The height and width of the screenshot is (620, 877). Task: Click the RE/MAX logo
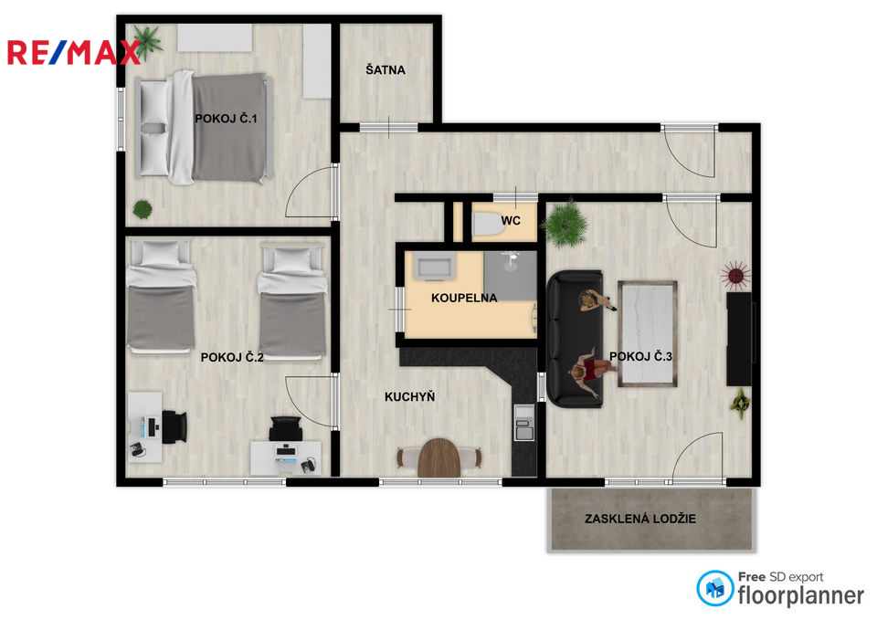tap(73, 52)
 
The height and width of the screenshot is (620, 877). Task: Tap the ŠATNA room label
tap(385, 69)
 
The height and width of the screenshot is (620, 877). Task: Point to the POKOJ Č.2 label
tap(232, 358)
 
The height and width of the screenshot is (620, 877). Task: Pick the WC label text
tap(511, 221)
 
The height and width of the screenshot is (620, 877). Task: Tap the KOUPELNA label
tap(464, 298)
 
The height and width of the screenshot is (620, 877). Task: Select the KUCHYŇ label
tap(409, 397)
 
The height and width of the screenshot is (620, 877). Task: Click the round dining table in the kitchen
tap(440, 457)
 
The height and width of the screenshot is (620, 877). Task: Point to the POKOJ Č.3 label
tap(640, 357)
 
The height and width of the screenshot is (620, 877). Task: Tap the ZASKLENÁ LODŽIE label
tap(640, 519)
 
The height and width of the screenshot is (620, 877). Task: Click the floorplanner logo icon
tap(714, 589)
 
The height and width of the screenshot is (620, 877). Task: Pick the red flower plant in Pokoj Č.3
tap(735, 273)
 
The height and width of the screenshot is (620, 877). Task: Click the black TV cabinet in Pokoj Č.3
tap(738, 339)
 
